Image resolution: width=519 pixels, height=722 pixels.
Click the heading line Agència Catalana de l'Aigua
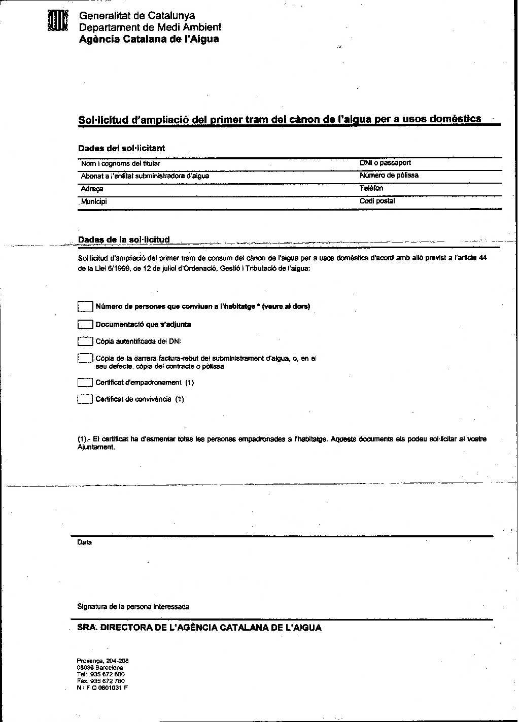pos(149,39)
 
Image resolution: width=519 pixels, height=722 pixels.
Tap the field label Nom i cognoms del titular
pos(120,163)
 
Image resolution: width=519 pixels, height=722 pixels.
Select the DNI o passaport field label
pos(385,163)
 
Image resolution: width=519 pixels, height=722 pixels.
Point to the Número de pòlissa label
pos(389,176)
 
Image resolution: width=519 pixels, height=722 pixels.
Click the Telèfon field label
pos(371,188)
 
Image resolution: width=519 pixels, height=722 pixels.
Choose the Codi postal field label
pos(377,201)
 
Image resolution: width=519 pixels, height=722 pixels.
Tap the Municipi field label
pos(94,201)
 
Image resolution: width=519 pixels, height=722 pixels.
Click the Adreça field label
pos(92,189)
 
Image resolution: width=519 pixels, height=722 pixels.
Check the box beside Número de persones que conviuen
pos(85,306)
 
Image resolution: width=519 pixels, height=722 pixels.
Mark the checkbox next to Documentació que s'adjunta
pos(85,324)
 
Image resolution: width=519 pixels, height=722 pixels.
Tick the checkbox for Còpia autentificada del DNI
pos(85,341)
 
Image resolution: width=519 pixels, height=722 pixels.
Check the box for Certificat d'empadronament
pos(85,383)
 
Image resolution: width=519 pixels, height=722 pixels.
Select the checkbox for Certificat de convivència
pos(85,399)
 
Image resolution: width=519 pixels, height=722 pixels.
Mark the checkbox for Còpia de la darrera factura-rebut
pos(85,358)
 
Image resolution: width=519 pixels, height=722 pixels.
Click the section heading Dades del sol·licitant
pos(121,148)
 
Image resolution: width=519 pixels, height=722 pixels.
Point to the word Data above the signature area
pos(84,542)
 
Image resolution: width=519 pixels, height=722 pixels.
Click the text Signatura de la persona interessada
pos(133,607)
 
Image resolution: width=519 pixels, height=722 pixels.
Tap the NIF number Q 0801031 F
pos(102,688)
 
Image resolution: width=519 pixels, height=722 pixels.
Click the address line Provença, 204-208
pos(102,661)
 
